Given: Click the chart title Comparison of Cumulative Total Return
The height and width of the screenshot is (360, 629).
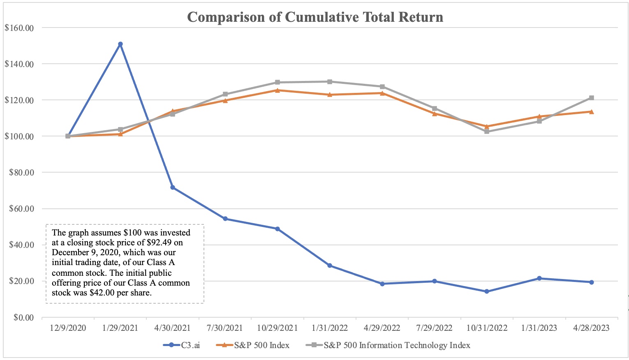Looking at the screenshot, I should pos(315,17).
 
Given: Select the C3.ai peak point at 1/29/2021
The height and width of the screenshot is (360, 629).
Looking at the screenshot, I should pos(120,44).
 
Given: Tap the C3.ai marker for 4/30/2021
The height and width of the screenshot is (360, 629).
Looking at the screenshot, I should pos(173,187).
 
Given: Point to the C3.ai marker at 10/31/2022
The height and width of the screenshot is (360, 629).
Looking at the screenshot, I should pos(487,291).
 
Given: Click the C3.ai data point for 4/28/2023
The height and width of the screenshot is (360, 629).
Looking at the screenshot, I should pos(591,282).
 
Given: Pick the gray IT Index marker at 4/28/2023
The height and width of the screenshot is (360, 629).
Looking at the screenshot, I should pos(591,98).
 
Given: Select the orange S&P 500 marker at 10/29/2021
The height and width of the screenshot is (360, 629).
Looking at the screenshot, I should pos(277,90).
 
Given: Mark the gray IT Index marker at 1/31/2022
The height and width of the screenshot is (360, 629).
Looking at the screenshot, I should pos(330,82).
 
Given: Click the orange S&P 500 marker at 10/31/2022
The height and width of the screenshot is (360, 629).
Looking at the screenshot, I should pos(487,127).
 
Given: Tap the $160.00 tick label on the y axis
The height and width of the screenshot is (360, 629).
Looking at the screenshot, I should pos(19,28).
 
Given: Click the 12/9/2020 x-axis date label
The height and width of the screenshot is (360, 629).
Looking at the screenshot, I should pos(68,328).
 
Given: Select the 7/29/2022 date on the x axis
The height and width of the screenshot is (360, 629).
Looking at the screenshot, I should pos(434,328).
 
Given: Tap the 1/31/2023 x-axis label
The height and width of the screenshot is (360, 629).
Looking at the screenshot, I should pos(539,328).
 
